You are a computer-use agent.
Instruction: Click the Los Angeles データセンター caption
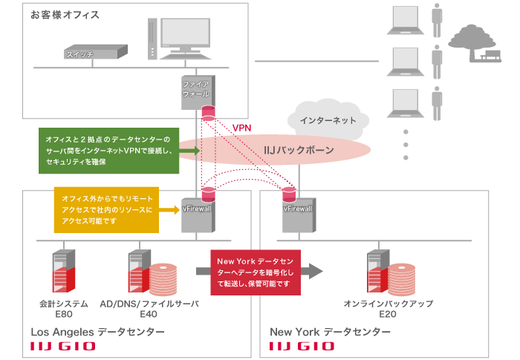click(97, 332)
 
